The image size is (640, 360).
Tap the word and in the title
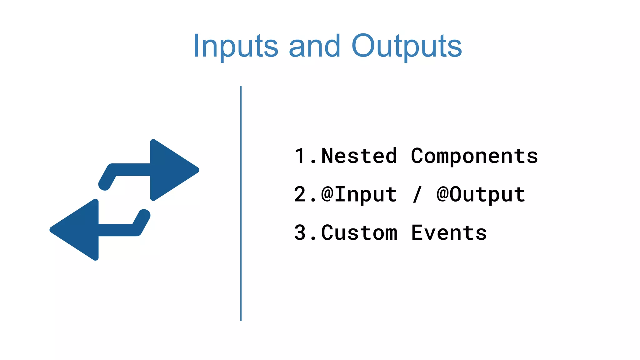(314, 46)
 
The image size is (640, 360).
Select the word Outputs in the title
(406, 46)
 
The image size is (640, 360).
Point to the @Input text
(359, 194)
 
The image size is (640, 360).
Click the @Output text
(481, 194)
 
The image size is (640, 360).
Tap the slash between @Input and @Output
(417, 194)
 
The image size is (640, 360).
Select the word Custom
(359, 233)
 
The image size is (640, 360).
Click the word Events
(449, 233)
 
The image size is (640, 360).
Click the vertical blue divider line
(241, 203)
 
